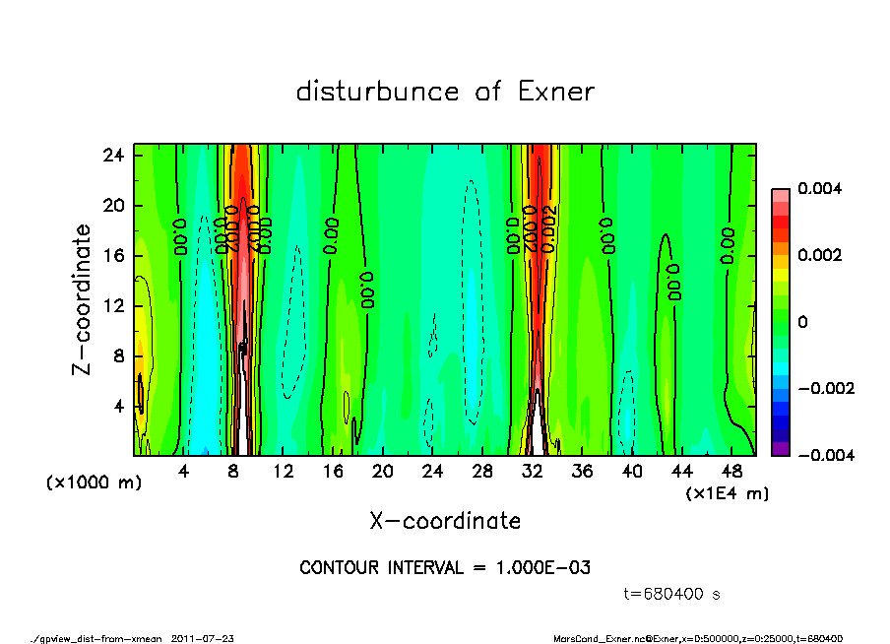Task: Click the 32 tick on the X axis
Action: [x=533, y=472]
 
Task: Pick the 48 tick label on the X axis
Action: [x=731, y=472]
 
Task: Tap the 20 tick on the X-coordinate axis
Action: [x=383, y=472]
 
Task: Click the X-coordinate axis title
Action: [x=445, y=520]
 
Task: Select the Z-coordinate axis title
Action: [x=83, y=299]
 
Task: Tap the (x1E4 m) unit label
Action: [x=728, y=491]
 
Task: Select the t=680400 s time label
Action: [x=673, y=594]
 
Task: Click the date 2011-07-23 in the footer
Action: [x=202, y=638]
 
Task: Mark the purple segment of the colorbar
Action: [x=780, y=449]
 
